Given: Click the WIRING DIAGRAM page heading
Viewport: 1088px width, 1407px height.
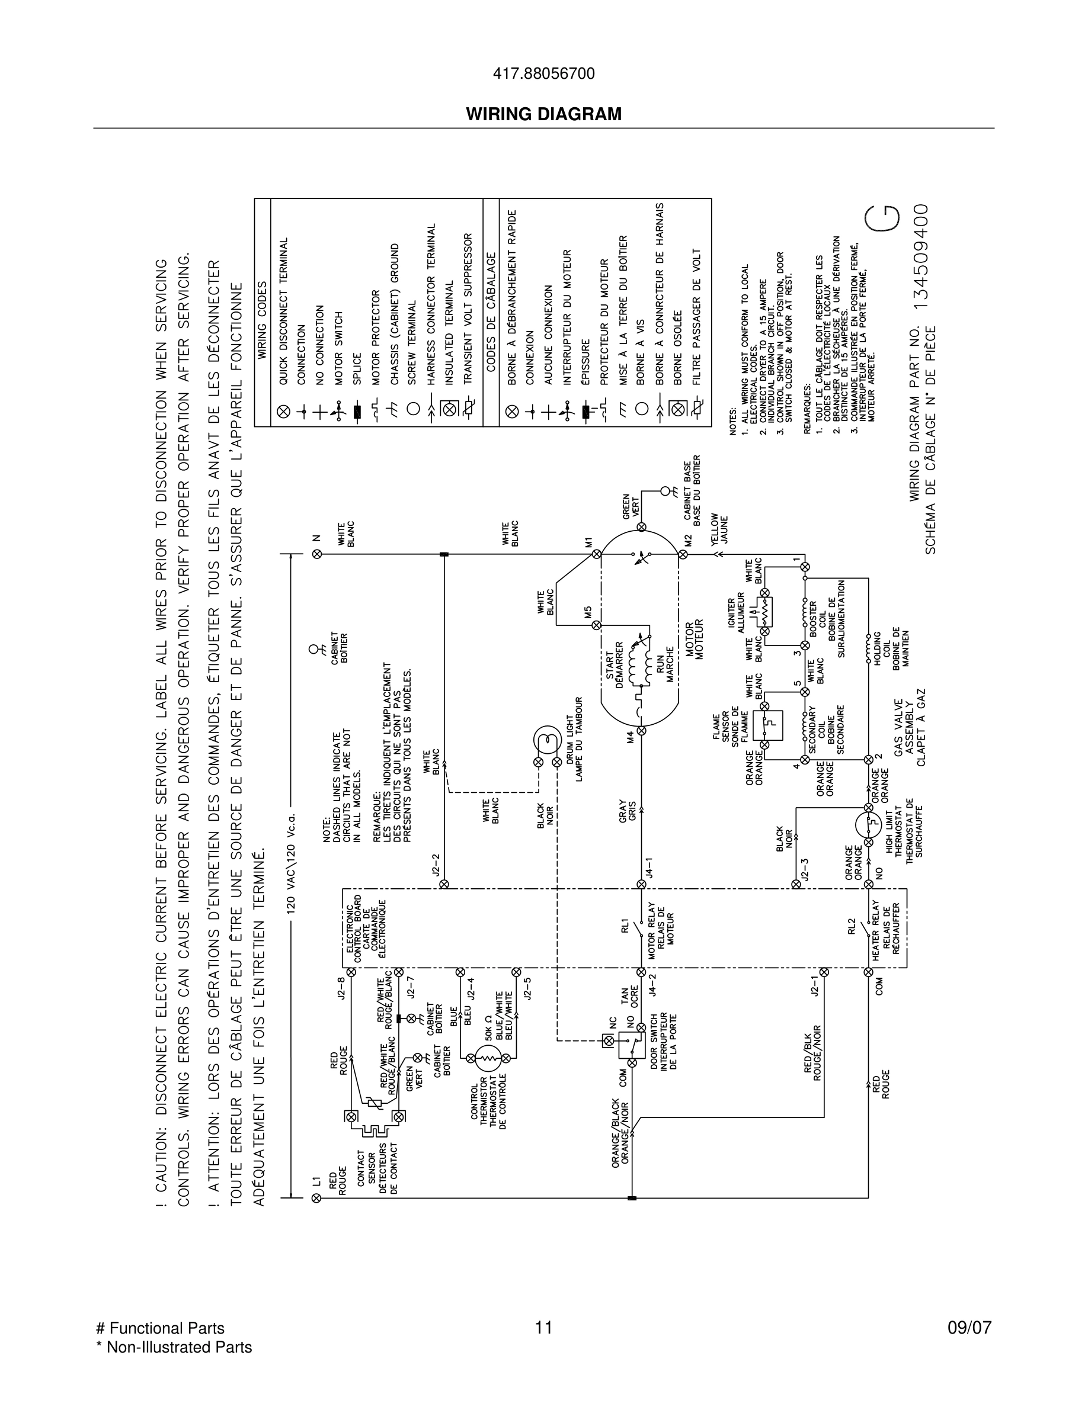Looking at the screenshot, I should point(543,114).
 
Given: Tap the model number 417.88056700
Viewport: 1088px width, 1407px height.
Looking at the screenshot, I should point(543,74).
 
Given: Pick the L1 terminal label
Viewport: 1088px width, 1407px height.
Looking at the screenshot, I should point(316,1181).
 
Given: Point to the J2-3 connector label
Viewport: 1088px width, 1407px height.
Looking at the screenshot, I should point(804,869).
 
